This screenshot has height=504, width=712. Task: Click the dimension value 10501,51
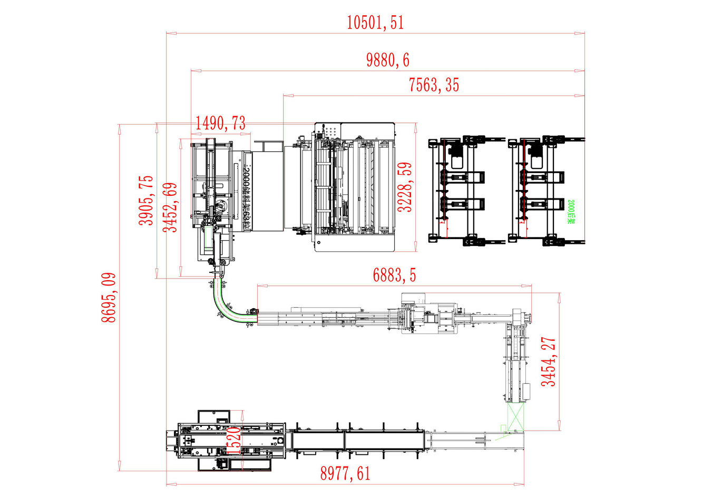[375, 22]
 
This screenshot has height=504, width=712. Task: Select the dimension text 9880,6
[387, 60]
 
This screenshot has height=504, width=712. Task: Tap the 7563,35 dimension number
[434, 85]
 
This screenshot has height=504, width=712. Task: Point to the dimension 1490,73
[220, 123]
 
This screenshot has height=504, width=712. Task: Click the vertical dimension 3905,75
[147, 201]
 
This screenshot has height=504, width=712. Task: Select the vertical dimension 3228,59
[405, 187]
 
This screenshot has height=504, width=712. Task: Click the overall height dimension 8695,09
[109, 298]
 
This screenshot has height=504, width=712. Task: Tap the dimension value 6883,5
[394, 275]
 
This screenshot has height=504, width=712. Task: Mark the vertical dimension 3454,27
[549, 362]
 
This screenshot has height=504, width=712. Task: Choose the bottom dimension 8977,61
[345, 473]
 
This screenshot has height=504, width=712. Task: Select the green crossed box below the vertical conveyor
[515, 417]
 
